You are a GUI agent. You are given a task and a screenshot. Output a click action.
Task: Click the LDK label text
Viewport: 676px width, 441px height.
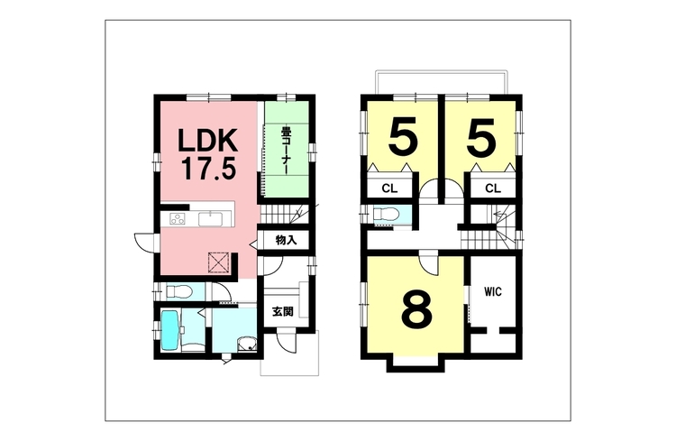(208, 141)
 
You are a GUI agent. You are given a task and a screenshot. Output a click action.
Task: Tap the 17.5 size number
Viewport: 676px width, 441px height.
(209, 169)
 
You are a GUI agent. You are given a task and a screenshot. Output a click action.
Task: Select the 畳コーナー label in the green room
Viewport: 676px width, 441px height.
(285, 151)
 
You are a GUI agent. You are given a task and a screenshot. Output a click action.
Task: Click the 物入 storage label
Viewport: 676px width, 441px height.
(287, 241)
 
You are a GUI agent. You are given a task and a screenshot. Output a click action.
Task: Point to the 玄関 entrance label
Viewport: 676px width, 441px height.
(283, 311)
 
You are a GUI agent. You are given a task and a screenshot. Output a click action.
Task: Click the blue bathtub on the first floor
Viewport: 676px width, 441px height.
(169, 332)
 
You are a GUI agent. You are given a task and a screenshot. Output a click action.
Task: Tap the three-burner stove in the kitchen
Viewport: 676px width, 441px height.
(178, 219)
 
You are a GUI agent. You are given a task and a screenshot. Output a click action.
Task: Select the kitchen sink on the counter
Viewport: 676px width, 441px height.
(210, 219)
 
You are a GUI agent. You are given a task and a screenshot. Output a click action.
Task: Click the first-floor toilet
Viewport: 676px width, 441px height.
(178, 292)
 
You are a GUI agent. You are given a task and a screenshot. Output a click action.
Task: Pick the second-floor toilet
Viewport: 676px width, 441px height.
(384, 215)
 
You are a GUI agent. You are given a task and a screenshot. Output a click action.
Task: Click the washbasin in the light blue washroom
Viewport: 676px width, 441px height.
(247, 345)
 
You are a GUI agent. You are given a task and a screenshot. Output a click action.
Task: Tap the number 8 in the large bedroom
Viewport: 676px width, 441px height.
(416, 308)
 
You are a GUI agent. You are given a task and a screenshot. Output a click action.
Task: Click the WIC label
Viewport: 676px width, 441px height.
(493, 292)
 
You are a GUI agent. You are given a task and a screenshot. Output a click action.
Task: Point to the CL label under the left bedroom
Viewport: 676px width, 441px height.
(389, 188)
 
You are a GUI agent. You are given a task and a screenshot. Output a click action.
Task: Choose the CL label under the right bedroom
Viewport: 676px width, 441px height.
(493, 188)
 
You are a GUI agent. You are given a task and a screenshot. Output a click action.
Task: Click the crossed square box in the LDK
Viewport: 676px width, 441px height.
(218, 262)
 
